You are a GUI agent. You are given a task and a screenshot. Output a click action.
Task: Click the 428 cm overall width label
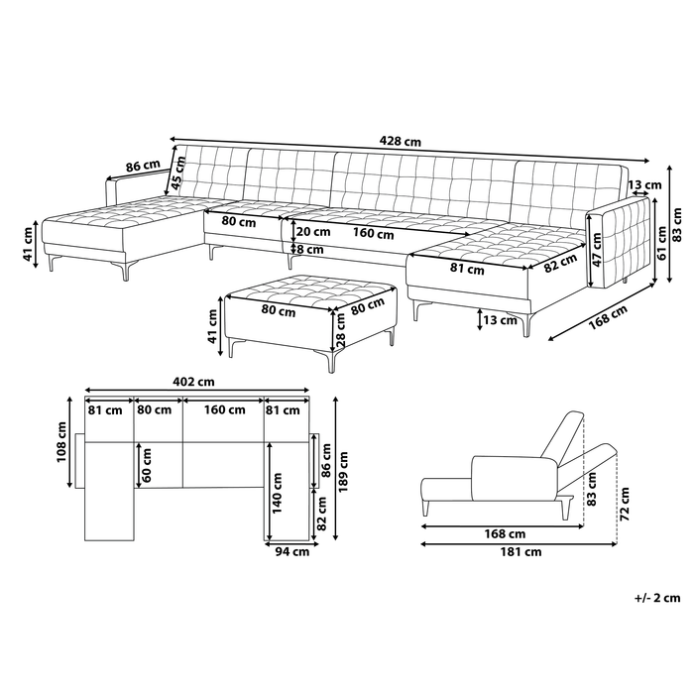(x=401, y=142)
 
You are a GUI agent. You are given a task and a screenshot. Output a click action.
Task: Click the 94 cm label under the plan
(x=293, y=553)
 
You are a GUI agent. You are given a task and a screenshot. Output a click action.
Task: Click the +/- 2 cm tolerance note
(x=657, y=598)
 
